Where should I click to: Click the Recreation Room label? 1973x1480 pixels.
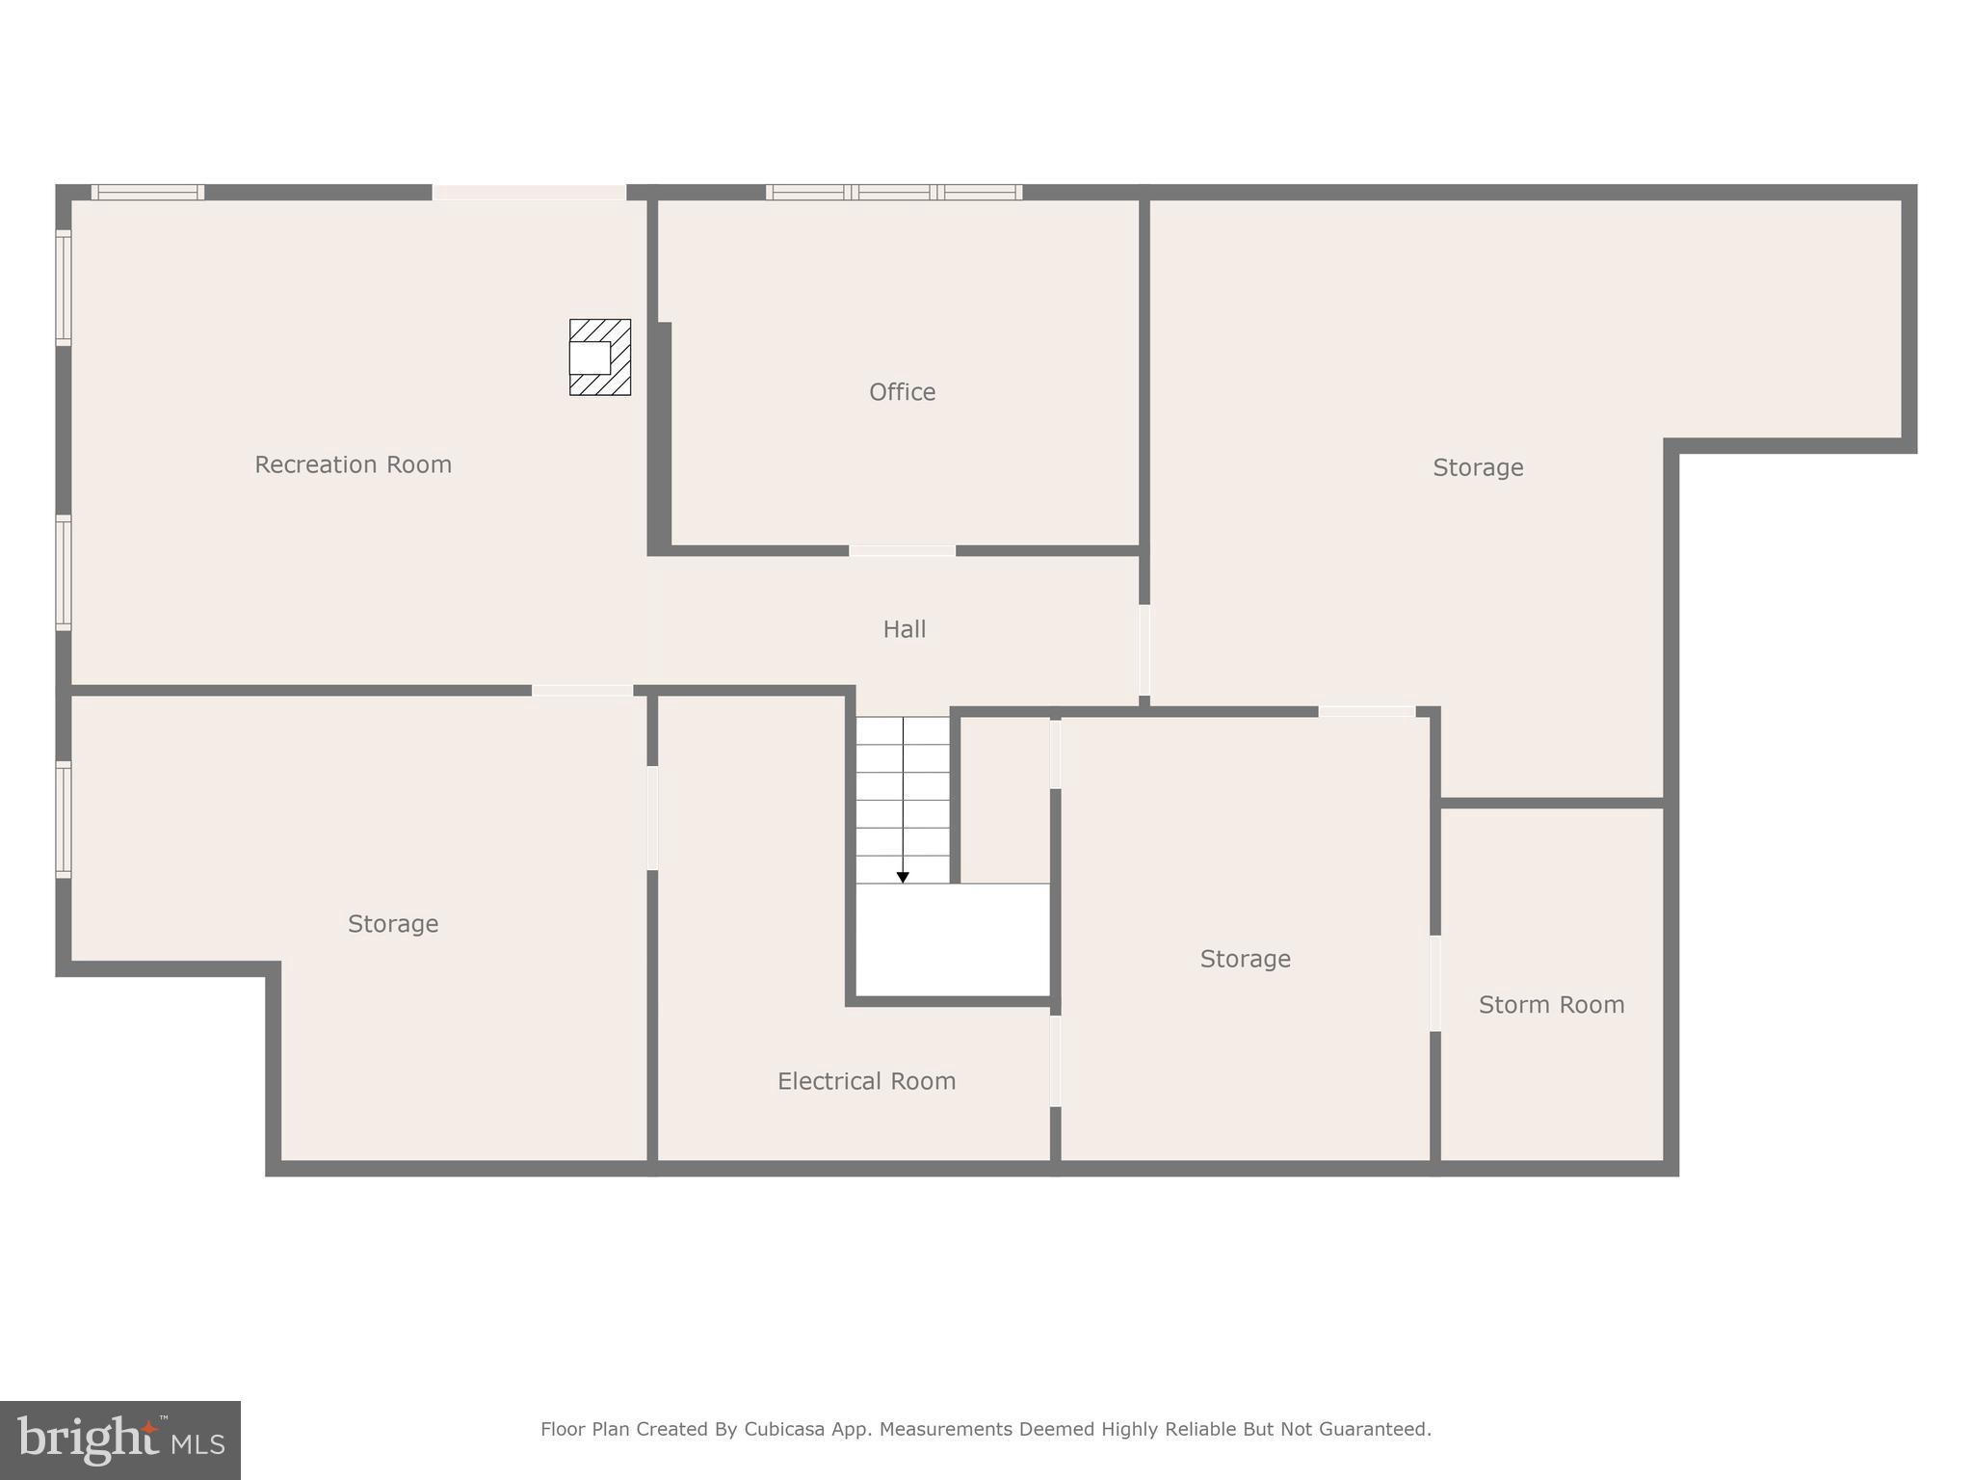[x=353, y=464]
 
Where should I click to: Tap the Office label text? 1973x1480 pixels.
[x=902, y=392]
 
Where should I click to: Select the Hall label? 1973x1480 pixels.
[x=904, y=629]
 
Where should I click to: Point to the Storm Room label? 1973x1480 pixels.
[x=1551, y=1005]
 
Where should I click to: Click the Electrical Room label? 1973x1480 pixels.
[x=866, y=1081]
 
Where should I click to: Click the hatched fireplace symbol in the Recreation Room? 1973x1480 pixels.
[x=600, y=357]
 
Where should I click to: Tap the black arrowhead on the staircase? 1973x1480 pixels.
[x=903, y=877]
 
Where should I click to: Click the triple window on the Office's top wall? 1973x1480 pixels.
[x=894, y=192]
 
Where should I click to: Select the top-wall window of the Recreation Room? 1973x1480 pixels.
[x=147, y=192]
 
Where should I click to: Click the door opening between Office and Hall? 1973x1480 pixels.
[x=902, y=551]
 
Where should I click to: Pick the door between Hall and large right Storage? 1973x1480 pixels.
[x=1144, y=649]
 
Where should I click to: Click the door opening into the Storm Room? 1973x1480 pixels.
[x=1434, y=983]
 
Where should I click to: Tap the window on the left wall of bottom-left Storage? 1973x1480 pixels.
[x=64, y=819]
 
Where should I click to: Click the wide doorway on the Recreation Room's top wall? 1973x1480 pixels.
[x=529, y=192]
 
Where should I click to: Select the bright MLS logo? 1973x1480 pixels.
[x=120, y=1440]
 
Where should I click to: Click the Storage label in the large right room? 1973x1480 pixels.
[x=1478, y=467]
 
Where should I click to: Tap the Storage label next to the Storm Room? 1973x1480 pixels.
[x=1245, y=959]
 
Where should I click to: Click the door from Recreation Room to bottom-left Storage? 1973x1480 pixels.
[x=582, y=690]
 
